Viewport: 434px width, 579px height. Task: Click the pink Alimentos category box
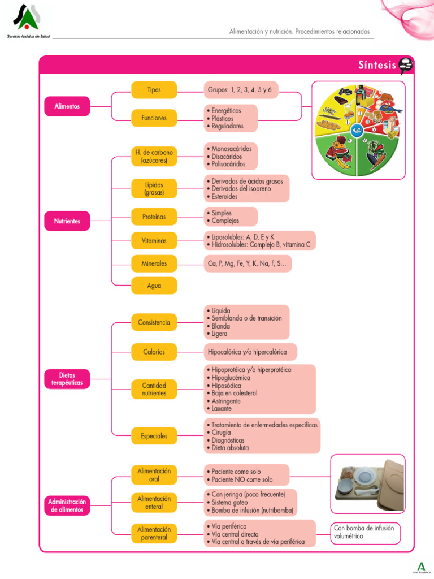point(67,106)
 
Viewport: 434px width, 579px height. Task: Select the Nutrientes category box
point(67,221)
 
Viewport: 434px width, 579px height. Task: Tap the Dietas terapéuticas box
point(67,379)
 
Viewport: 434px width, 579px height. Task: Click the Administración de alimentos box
point(67,505)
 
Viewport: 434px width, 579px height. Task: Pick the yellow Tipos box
point(154,90)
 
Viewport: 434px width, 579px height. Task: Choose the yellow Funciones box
point(154,118)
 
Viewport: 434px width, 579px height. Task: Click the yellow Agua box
point(154,286)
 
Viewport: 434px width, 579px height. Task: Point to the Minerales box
point(154,263)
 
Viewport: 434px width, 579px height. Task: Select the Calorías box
point(154,352)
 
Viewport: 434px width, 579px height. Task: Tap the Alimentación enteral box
point(154,503)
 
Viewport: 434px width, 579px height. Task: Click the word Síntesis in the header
point(377,65)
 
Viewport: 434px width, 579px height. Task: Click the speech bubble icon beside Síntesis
point(406,66)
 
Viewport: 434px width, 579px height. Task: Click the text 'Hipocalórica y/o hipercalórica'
point(248,352)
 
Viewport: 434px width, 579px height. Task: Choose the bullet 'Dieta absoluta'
point(229,448)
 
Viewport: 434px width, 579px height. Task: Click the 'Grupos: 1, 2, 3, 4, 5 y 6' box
point(240,90)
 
